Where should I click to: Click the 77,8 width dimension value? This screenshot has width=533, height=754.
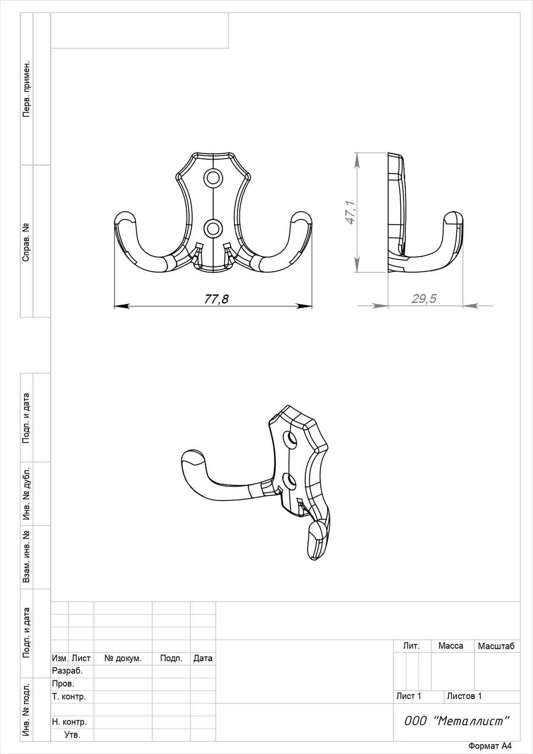pyautogui.click(x=216, y=299)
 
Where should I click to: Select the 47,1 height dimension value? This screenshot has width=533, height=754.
pyautogui.click(x=351, y=212)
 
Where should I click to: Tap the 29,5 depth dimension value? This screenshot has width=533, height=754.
pyautogui.click(x=424, y=298)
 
